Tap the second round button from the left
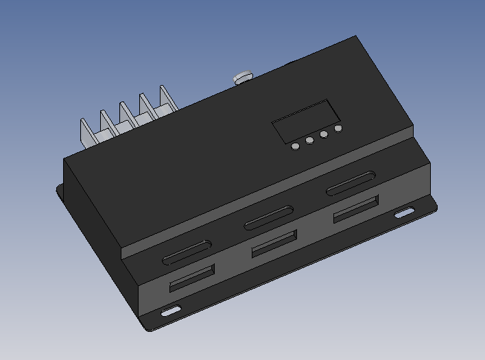[309, 141]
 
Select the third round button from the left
[324, 135]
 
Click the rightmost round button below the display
[338, 128]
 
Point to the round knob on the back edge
[242, 77]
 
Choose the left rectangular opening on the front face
[192, 278]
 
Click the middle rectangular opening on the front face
[274, 243]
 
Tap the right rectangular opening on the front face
[356, 208]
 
